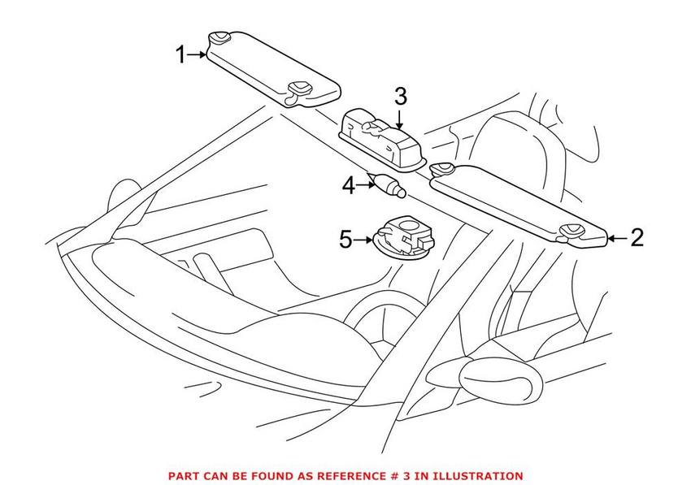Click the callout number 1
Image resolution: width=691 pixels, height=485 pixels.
point(181,55)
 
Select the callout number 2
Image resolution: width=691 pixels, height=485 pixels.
point(637,237)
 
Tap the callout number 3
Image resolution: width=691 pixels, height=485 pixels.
point(400,96)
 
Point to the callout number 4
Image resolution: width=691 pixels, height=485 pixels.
point(349,185)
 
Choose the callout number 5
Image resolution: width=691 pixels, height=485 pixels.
point(345,239)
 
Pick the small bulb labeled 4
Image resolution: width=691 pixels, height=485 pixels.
point(389,185)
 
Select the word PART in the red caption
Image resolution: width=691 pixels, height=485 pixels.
point(181,476)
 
